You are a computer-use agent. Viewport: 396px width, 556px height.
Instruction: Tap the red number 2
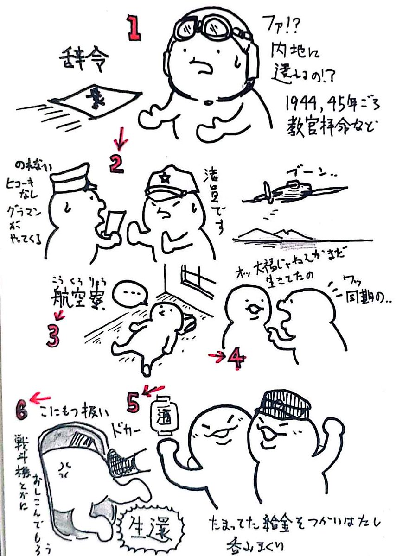(x=116, y=164)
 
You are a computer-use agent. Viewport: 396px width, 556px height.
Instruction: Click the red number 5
(x=133, y=403)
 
